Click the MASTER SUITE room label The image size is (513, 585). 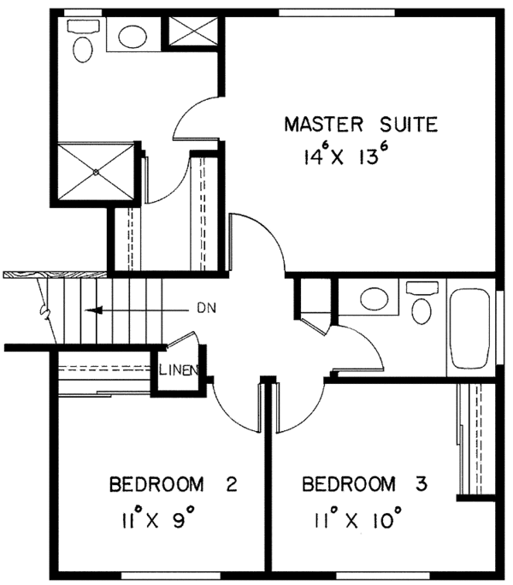coord(361,124)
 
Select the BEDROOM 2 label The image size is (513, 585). coord(173,484)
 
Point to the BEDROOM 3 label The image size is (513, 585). coord(364,484)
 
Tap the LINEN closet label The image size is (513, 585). coord(179,370)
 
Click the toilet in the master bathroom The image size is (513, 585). coord(83,42)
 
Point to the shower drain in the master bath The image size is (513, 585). coord(96,172)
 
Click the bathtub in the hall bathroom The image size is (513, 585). coord(469,328)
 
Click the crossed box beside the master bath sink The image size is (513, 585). coord(193,30)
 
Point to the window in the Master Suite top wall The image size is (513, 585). coord(337,13)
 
